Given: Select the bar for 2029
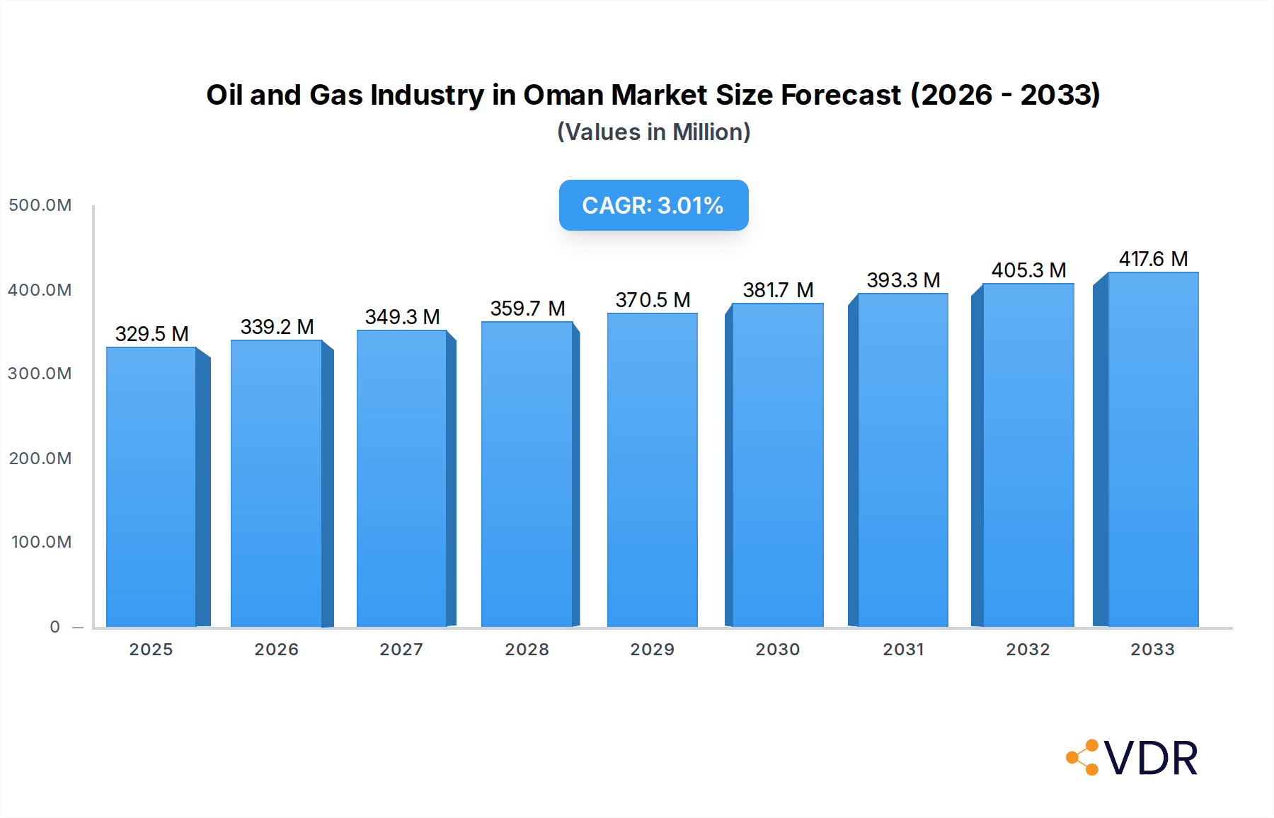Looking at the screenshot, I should pos(652,470).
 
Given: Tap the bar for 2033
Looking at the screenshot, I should pos(1153,449).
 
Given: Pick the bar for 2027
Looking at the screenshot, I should pos(401,478).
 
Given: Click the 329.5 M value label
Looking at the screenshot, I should pos(151,334).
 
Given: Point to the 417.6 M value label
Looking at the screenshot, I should pos(1153,259).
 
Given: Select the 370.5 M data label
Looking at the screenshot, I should pos(653,300).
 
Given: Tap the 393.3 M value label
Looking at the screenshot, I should pos(903,280).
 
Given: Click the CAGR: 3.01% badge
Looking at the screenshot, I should pos(653,205).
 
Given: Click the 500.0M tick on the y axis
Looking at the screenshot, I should pos(40,205).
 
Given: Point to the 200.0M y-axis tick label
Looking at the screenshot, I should pos(40,459).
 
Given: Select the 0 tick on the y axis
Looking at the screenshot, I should pos(55,627).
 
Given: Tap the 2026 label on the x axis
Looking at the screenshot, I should pos(276,650).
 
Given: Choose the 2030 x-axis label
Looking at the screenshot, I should pos(777,650).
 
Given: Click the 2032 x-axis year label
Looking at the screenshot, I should pos(1028,650).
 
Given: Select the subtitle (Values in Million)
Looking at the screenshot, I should pos(653,132).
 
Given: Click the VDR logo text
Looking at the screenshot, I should pos(1151,759).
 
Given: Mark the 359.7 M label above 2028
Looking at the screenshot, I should pos(527,309).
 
